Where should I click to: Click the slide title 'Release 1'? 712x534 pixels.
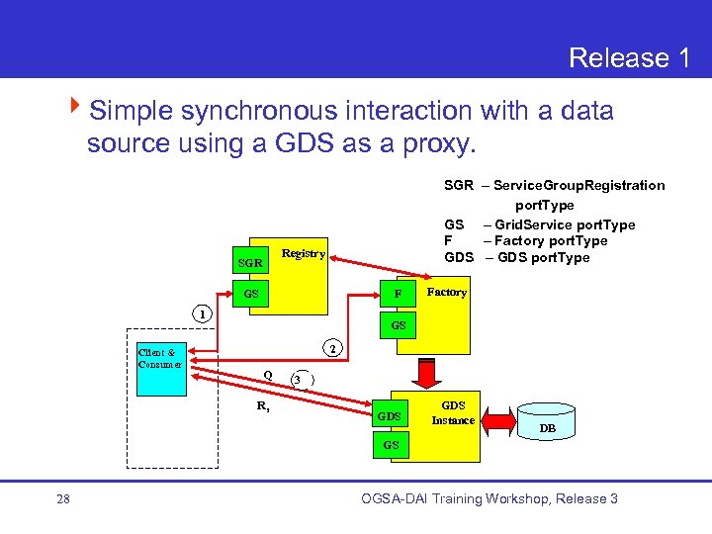tap(629, 58)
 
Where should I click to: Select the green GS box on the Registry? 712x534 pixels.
tap(250, 295)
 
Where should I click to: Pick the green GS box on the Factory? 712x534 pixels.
tap(398, 324)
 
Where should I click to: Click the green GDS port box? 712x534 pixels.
tap(390, 416)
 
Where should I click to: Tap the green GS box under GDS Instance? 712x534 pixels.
tap(392, 446)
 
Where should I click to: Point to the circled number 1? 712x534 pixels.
tap(201, 314)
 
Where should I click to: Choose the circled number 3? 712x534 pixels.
tap(298, 381)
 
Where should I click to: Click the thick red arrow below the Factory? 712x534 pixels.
tap(427, 375)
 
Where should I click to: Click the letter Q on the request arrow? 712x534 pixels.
tap(267, 374)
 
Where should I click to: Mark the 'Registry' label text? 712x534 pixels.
tap(303, 253)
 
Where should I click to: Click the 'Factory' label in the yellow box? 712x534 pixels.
tap(446, 293)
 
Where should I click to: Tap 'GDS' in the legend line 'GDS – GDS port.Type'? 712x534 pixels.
tap(460, 258)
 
